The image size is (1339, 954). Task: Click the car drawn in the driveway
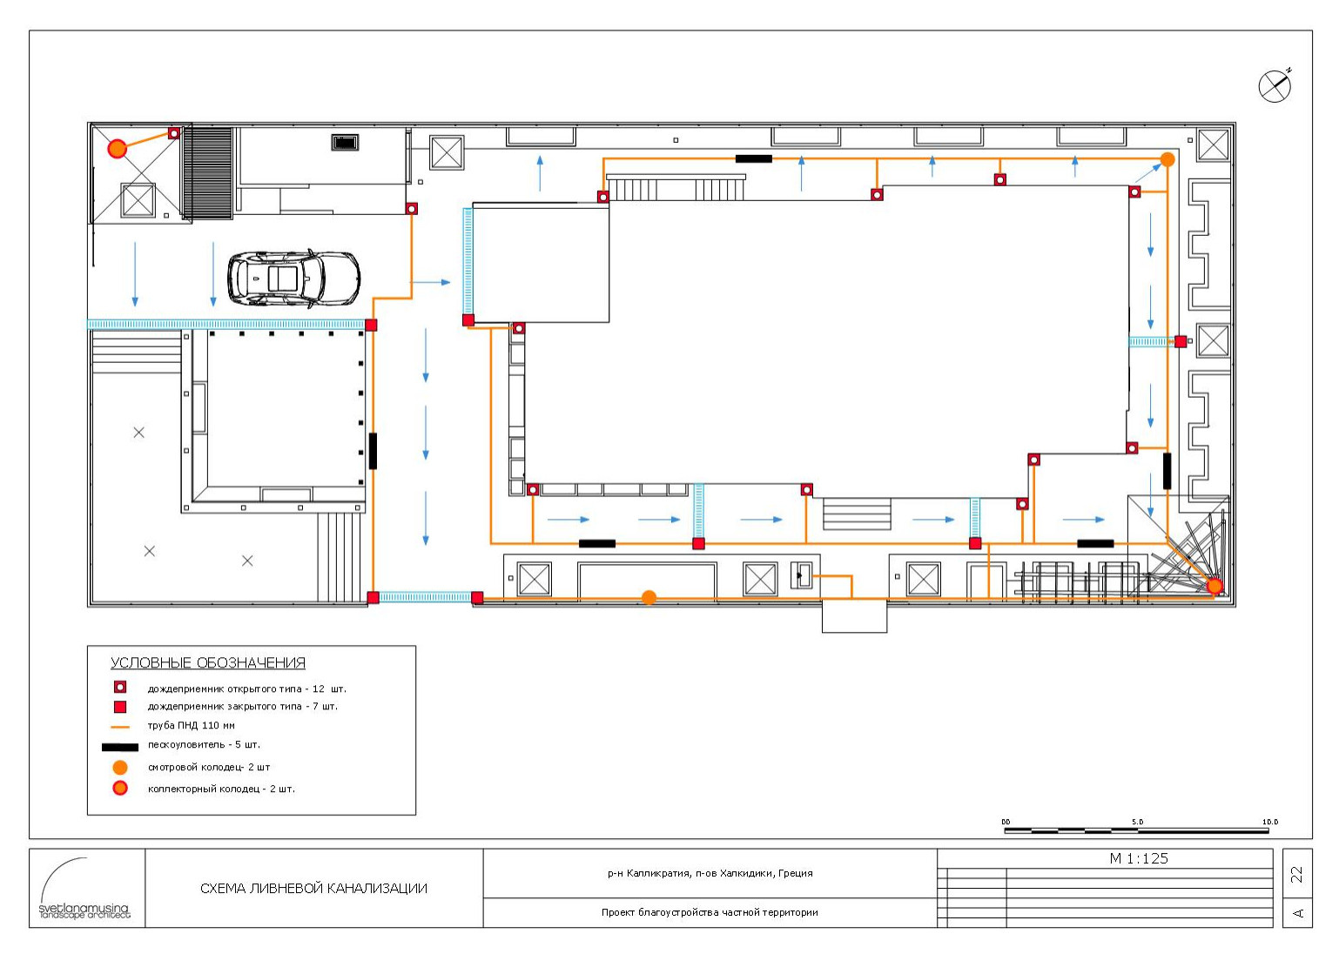293,279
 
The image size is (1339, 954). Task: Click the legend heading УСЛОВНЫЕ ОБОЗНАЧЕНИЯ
208,663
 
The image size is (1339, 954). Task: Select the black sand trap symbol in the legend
119,747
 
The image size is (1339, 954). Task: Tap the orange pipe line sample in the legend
120,727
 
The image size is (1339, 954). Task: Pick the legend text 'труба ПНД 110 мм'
192,726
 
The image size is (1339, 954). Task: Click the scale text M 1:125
1138,858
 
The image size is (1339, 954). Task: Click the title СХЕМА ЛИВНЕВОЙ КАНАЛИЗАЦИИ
313,888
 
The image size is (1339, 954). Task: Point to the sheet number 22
1296,875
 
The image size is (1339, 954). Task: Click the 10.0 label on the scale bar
1270,822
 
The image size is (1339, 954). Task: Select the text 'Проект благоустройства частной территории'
710,912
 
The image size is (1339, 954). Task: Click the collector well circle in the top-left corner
118,148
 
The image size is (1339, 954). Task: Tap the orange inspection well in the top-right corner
1167,159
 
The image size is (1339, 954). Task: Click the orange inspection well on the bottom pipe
649,597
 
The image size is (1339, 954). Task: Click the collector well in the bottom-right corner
1215,587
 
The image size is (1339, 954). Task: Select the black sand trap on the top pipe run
753,159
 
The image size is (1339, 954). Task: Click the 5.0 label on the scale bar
1138,822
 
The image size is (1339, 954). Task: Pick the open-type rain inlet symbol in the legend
120,688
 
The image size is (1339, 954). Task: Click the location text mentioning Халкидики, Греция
710,873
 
